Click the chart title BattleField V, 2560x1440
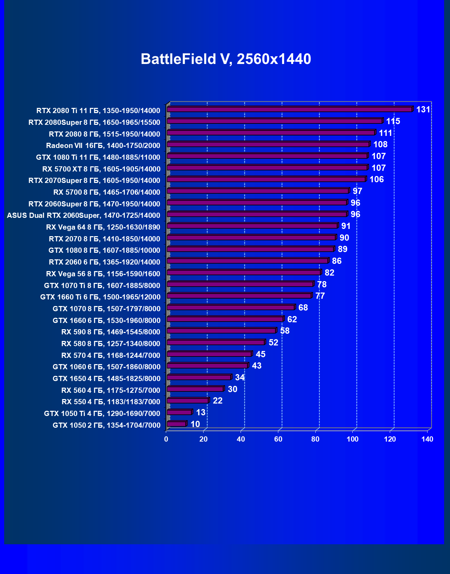[226, 59]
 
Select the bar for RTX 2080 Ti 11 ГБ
[289, 109]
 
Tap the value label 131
[423, 110]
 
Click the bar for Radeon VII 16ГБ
[268, 144]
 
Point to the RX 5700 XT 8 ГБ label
[101, 169]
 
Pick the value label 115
[393, 121]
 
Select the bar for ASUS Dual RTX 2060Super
[257, 214]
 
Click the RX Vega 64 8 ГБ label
[103, 227]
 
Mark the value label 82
[329, 273]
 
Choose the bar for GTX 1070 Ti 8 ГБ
[240, 284]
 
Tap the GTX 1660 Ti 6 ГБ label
[100, 297]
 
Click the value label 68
[303, 308]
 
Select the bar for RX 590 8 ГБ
[221, 331]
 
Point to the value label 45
[260, 354]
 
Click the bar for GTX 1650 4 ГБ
[199, 377]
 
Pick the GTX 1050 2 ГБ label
[106, 425]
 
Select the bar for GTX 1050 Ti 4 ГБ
[179, 412]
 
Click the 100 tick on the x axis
[353, 439]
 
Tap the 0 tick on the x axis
[166, 439]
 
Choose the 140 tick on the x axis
[427, 439]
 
